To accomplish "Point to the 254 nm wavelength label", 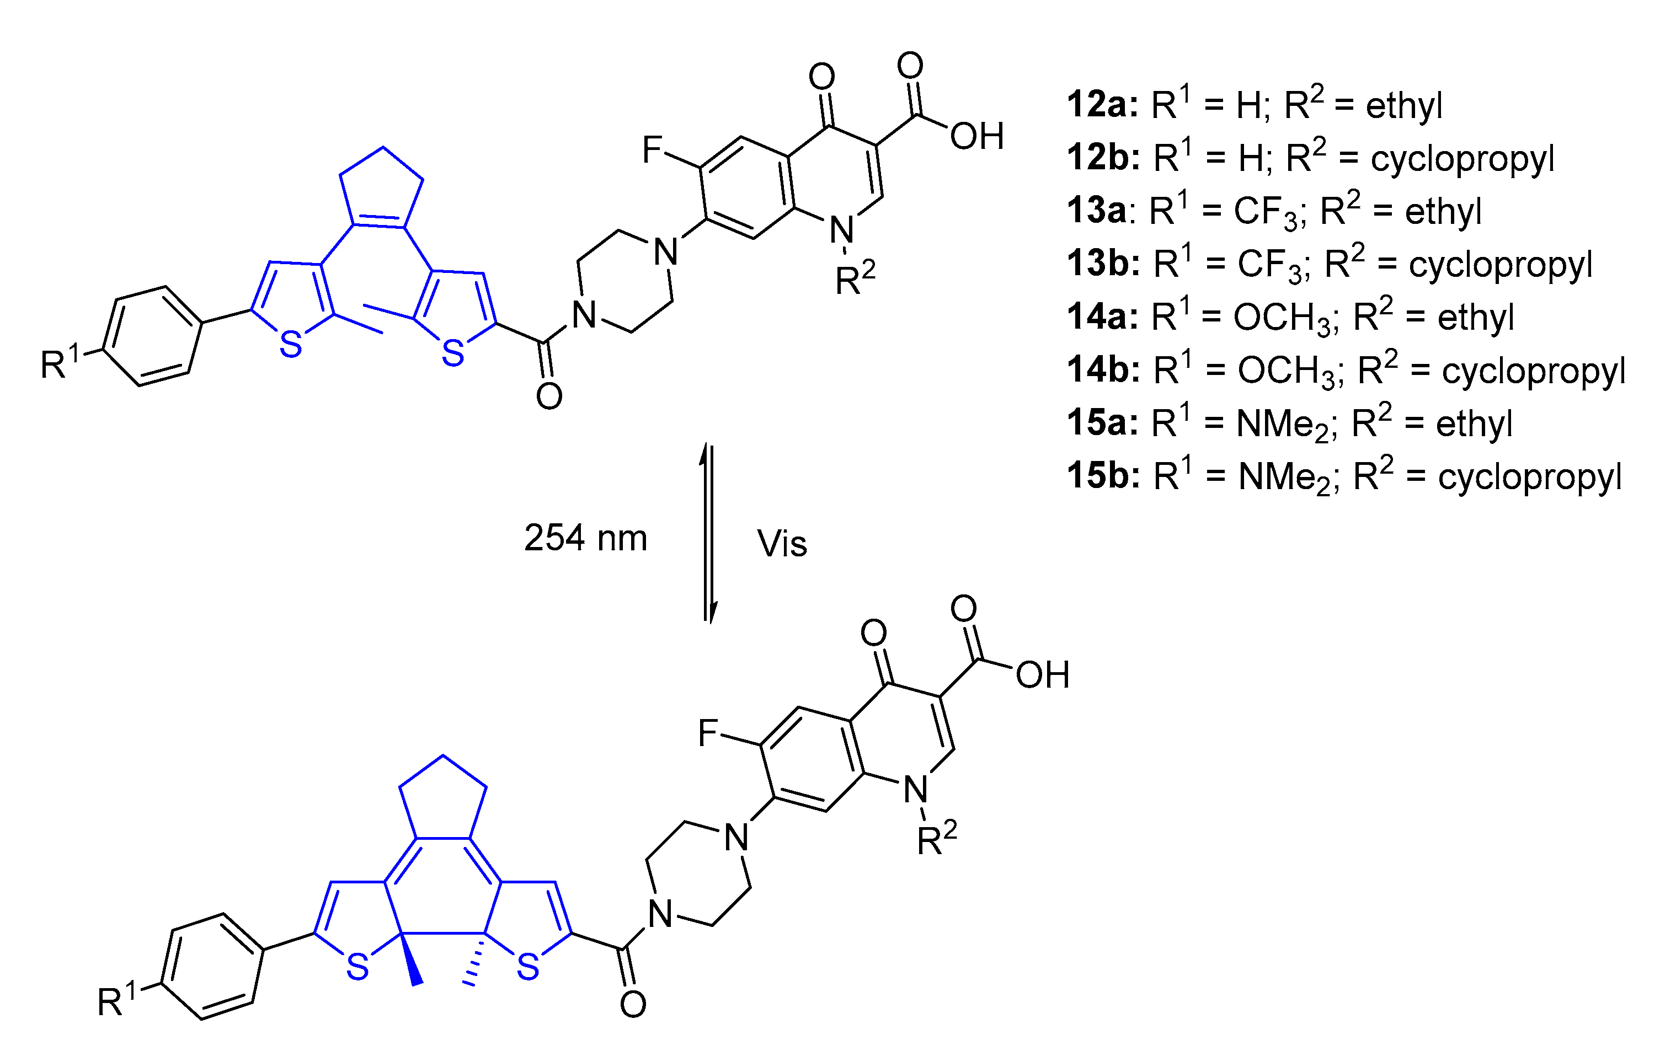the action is click(585, 538).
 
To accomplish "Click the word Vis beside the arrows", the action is click(782, 544).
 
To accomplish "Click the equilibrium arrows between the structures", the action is click(708, 534).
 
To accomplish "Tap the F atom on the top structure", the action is click(652, 149).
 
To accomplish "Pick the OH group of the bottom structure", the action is click(1042, 675).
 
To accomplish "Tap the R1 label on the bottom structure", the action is click(116, 1000).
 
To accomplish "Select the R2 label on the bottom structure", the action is click(936, 838).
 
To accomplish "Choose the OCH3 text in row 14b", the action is click(1290, 372).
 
